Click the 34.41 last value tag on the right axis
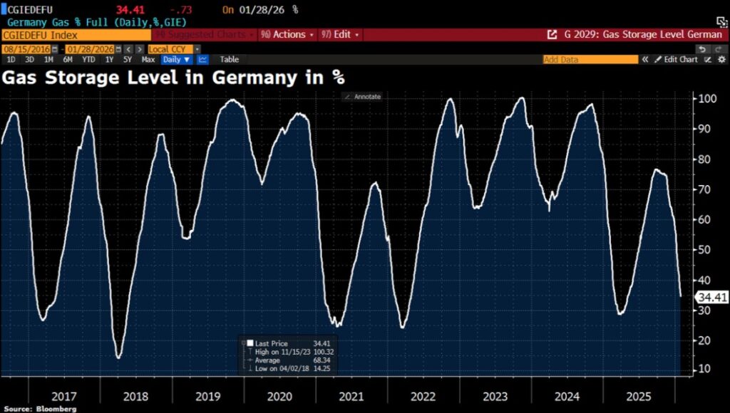pyautogui.click(x=713, y=298)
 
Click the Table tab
pyautogui.click(x=230, y=60)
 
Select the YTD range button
pyautogui.click(x=88, y=60)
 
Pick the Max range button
pyautogui.click(x=148, y=60)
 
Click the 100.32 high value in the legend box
pyautogui.click(x=322, y=352)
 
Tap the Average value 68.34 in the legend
pyautogui.click(x=322, y=360)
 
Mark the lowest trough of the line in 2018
pyautogui.click(x=118, y=357)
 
